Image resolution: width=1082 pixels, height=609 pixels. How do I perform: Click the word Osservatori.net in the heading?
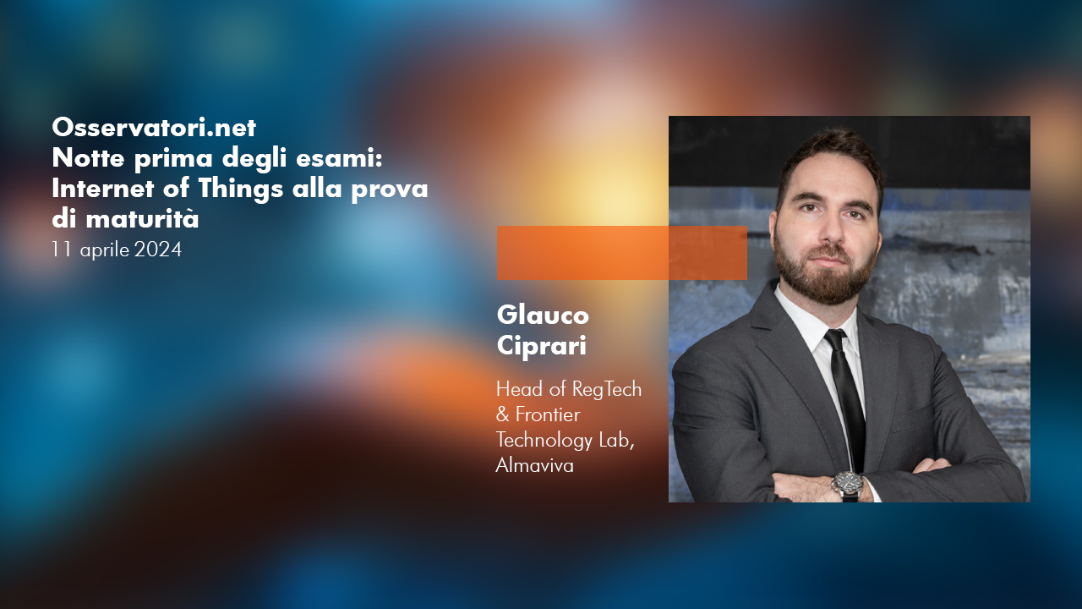point(154,128)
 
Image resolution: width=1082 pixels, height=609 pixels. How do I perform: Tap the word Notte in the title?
point(88,158)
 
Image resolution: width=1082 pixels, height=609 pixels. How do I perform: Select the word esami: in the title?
point(339,158)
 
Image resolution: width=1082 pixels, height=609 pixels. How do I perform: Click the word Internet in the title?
point(103,189)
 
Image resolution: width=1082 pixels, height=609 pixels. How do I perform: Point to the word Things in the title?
point(241,189)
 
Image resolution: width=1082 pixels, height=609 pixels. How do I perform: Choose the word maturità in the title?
point(143,219)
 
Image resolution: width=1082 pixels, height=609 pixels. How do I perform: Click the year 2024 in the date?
point(158,250)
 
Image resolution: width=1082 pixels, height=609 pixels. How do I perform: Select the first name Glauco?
point(543,315)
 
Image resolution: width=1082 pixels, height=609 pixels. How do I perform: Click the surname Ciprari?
point(542,346)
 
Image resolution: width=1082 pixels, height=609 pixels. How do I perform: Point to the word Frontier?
point(548,414)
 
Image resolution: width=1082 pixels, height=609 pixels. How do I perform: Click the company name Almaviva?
point(535,465)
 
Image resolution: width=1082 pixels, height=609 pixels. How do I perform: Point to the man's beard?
point(826,271)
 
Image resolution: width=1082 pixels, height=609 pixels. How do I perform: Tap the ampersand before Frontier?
point(503,414)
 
